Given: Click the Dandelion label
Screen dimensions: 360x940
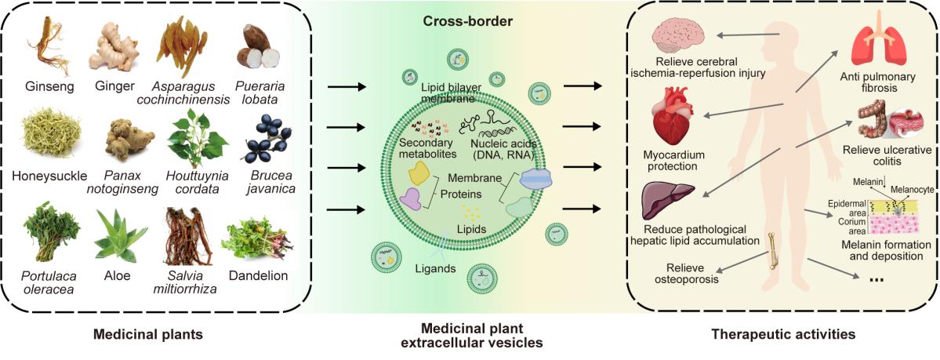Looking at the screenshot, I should tap(258, 275).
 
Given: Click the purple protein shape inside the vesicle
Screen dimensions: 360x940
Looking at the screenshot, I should tap(412, 202).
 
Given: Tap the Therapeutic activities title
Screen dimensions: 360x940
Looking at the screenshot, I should tap(782, 335).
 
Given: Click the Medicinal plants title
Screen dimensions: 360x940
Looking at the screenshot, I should tap(148, 335).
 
